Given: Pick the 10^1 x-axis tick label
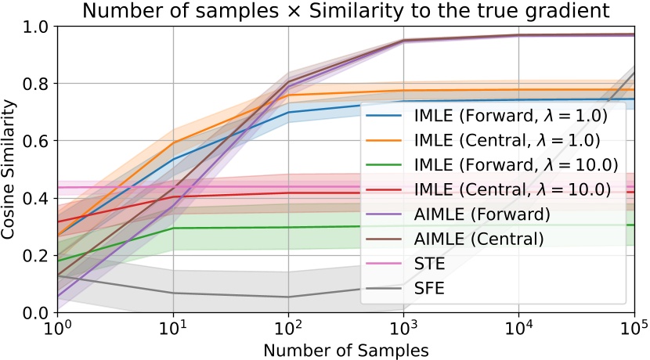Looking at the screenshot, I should (174, 326).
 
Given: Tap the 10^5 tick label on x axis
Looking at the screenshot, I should (634, 326).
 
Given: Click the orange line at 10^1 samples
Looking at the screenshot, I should (174, 142).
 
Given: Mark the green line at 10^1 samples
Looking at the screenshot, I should (174, 229).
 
